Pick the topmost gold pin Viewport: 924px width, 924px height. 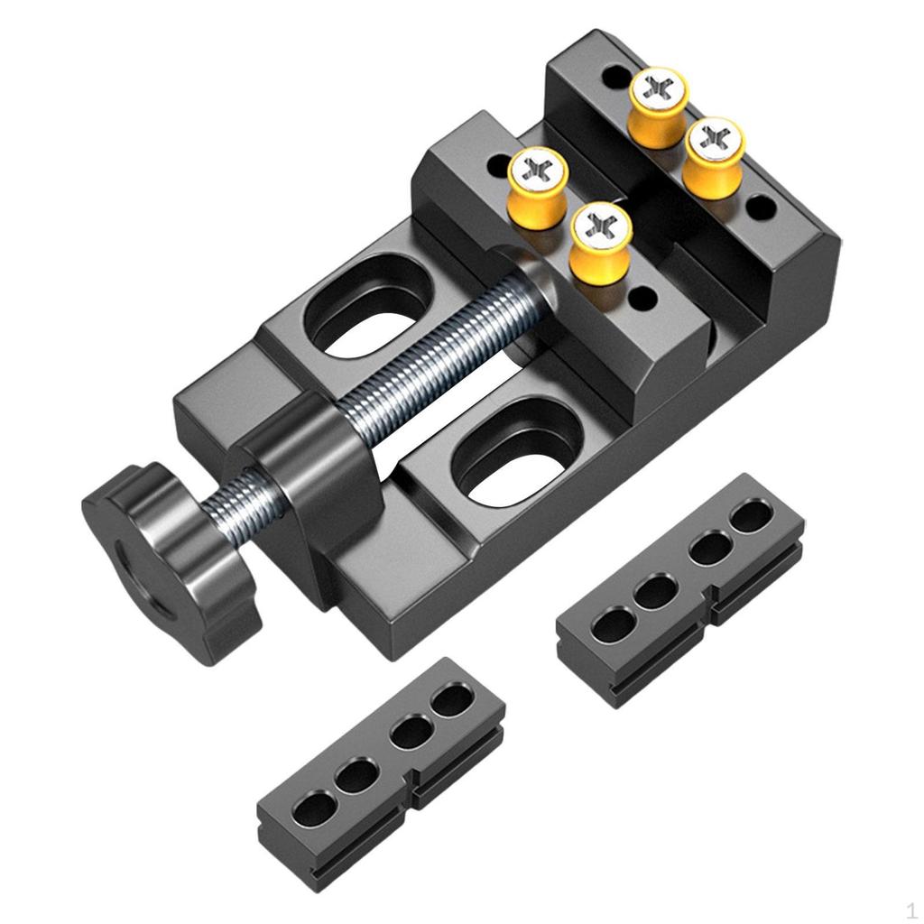[x=659, y=104]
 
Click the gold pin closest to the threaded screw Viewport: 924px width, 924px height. [x=600, y=239]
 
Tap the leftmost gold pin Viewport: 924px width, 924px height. [x=538, y=185]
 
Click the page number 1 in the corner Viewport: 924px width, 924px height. [x=911, y=909]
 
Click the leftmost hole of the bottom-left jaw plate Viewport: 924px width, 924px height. [x=312, y=807]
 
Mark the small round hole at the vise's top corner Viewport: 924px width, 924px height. [x=614, y=77]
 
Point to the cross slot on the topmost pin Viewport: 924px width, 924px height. [x=658, y=88]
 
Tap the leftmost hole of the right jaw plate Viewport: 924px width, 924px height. [x=614, y=623]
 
